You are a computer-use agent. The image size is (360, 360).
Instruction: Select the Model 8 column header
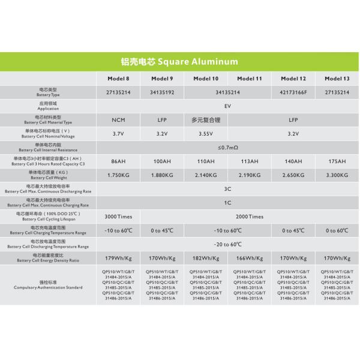118,79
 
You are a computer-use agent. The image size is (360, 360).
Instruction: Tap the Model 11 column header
250,79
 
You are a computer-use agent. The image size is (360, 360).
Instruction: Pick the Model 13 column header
337,79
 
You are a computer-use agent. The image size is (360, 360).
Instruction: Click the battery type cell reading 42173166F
293,92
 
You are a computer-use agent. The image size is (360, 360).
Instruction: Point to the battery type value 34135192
162,92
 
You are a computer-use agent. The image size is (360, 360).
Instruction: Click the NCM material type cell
118,120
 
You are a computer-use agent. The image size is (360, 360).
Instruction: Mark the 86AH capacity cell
118,161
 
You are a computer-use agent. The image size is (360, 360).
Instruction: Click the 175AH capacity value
337,161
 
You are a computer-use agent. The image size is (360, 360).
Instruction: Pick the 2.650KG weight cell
293,175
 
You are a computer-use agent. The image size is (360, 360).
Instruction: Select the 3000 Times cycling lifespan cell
118,217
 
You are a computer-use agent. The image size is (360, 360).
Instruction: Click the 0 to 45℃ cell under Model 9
162,230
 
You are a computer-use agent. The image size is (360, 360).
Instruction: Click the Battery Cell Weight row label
48,175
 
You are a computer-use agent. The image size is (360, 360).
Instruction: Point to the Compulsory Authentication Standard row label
48,285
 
